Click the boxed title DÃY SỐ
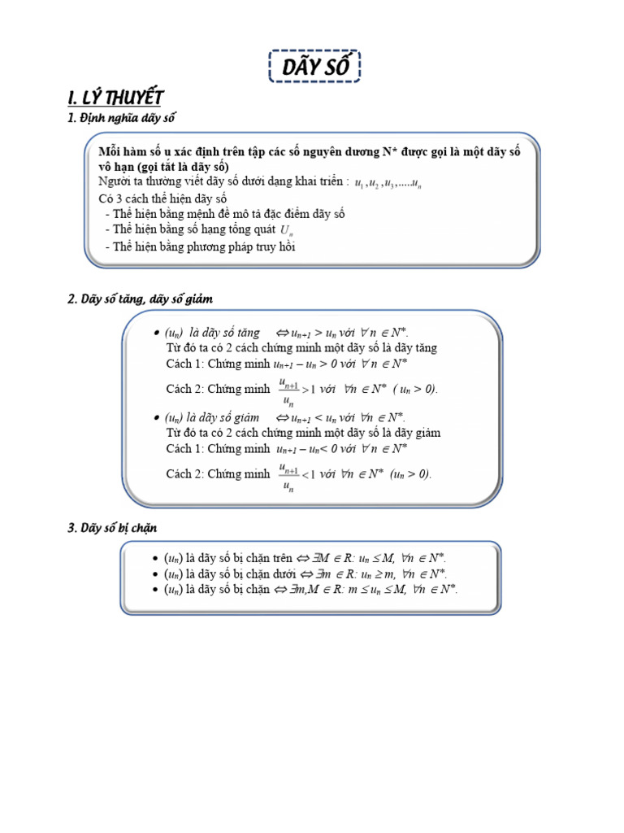(314, 68)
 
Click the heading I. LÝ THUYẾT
(115, 98)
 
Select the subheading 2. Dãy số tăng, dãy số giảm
(140, 299)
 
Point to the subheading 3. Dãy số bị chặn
(112, 528)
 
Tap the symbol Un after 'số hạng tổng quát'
(286, 231)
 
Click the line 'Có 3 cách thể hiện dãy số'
(162, 198)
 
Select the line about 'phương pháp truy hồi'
(200, 247)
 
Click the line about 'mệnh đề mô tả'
(224, 215)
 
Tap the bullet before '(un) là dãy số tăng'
(155, 334)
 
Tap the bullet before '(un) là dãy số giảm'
(155, 418)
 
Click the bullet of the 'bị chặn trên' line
(155, 559)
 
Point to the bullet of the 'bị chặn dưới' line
(155, 574)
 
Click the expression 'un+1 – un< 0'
(310, 448)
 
